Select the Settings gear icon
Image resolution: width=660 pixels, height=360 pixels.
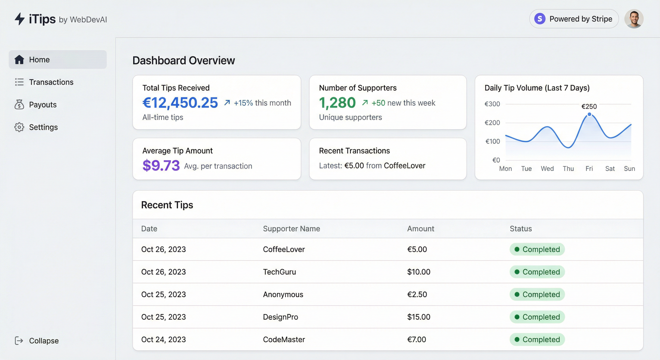pyautogui.click(x=19, y=127)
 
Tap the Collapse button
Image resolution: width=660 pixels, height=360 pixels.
pyautogui.click(x=37, y=341)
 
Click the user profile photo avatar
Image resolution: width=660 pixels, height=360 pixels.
pyautogui.click(x=634, y=19)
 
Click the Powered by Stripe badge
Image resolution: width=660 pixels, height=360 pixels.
pyautogui.click(x=574, y=19)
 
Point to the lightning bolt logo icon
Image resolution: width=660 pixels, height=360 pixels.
pyautogui.click(x=19, y=19)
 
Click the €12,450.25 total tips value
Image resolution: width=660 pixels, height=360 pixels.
pyautogui.click(x=180, y=102)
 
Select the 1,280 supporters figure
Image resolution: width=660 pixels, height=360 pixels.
pyautogui.click(x=337, y=102)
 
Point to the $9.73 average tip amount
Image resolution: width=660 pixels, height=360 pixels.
pyautogui.click(x=161, y=165)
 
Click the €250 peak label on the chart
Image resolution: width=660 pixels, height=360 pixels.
pyautogui.click(x=589, y=106)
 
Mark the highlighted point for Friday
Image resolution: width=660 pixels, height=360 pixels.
pyautogui.click(x=589, y=114)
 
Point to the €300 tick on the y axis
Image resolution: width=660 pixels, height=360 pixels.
pyautogui.click(x=492, y=104)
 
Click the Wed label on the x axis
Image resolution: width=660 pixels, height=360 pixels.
pyautogui.click(x=547, y=169)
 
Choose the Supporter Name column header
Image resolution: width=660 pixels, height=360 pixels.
pyautogui.click(x=291, y=229)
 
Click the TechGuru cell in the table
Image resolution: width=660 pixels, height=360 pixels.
pyautogui.click(x=279, y=272)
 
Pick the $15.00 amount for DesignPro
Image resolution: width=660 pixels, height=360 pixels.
pyautogui.click(x=419, y=317)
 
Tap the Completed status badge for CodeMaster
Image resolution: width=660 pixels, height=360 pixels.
pyautogui.click(x=537, y=339)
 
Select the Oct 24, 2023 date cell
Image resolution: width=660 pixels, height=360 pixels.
pyautogui.click(x=163, y=339)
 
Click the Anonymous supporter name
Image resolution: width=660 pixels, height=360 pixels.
pyautogui.click(x=283, y=294)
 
